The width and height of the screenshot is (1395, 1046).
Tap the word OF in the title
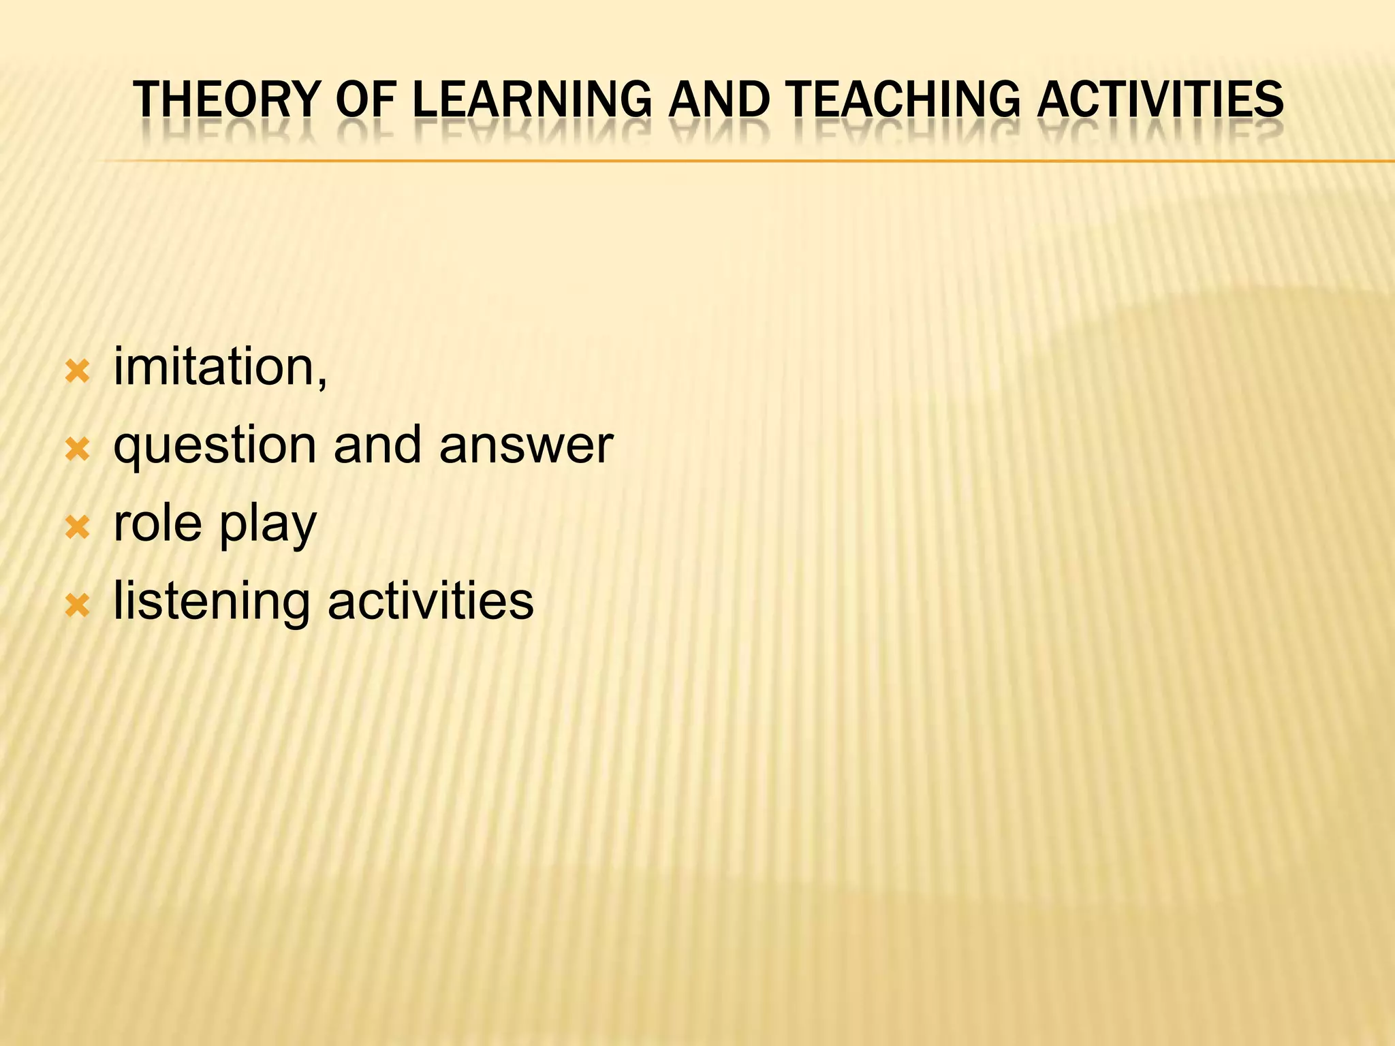pos(366,100)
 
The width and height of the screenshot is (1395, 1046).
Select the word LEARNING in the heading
pos(532,100)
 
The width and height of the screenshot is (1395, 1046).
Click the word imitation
pos(212,367)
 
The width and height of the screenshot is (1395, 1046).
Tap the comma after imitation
pos(322,381)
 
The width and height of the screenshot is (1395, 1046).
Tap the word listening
pos(211,603)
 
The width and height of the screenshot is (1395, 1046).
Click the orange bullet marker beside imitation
pos(77,372)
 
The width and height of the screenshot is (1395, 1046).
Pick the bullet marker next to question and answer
pos(77,449)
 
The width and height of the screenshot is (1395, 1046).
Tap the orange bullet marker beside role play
pos(77,527)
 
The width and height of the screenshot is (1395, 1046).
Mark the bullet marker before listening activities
pos(77,605)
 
